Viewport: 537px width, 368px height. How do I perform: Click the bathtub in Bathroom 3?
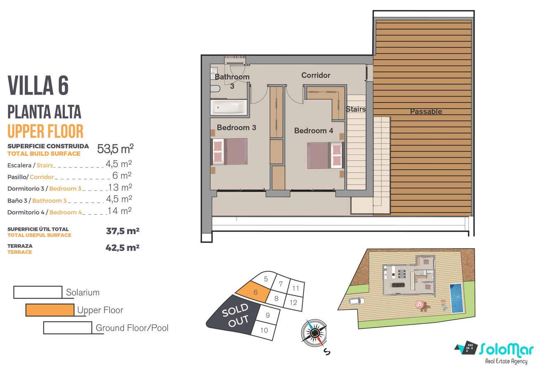coord(229,107)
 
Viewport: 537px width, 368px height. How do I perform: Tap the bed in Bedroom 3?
coord(229,151)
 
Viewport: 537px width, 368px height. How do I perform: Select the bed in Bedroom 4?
coord(326,155)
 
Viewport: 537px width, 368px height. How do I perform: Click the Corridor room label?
coord(316,75)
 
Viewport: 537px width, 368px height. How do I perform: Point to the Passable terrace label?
coord(426,111)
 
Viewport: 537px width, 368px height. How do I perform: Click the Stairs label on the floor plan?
coord(356,109)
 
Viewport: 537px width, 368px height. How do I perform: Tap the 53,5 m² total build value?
coord(115,149)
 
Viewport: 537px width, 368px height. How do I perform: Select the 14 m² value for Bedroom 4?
coord(120,211)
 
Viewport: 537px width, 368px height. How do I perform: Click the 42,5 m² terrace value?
coord(123,248)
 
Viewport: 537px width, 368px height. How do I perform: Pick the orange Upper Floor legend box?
coord(50,310)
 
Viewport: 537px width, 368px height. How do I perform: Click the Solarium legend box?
coord(38,292)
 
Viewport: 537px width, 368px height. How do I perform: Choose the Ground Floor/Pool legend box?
coord(68,328)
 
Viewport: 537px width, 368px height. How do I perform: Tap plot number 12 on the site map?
coord(293,302)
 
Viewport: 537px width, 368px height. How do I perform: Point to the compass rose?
coord(314,333)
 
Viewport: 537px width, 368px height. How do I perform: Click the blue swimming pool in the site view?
coord(456,298)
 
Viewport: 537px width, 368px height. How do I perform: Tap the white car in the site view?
coord(356,301)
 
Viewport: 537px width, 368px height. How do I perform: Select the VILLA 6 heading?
coord(38,85)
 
